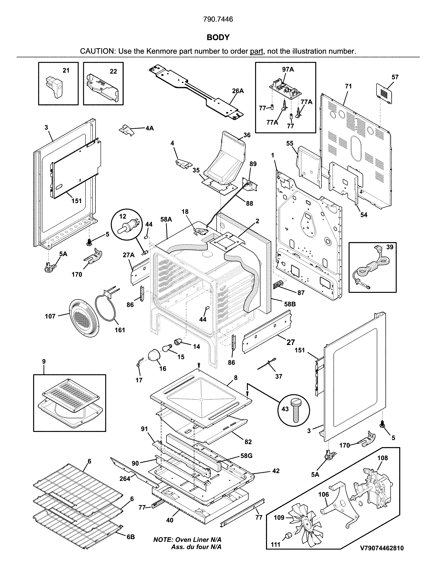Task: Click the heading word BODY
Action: (218, 38)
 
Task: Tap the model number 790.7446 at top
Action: (218, 19)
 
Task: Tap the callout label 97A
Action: (288, 69)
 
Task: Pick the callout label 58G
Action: (246, 456)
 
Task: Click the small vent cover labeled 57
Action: (384, 94)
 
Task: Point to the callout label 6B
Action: (131, 537)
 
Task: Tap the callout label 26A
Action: (238, 91)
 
